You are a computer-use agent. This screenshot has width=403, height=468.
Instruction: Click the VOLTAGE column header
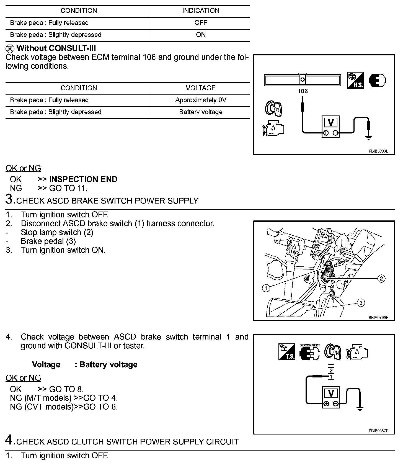click(x=200, y=88)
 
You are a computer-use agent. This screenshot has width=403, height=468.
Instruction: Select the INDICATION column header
click(x=200, y=11)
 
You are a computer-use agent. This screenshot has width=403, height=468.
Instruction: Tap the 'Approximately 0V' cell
click(x=200, y=100)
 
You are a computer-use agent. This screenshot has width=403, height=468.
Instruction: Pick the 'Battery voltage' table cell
click(x=200, y=112)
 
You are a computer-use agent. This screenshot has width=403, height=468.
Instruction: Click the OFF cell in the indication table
click(x=200, y=23)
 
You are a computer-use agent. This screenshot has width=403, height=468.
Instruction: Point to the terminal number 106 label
click(x=303, y=91)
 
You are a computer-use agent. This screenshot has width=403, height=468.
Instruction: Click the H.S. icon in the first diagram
click(x=355, y=81)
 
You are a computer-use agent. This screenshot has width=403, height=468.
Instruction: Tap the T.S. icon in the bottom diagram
click(x=287, y=352)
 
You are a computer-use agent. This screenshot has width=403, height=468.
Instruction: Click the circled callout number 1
click(x=266, y=288)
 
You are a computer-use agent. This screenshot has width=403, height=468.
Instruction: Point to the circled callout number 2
click(x=381, y=278)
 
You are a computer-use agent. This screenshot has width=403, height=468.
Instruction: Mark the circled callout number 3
click(x=361, y=303)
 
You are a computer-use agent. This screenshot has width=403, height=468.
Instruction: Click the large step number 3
click(x=10, y=199)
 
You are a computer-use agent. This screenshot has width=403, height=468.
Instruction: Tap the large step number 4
click(x=10, y=440)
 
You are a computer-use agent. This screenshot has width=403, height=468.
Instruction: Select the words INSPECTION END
click(x=83, y=179)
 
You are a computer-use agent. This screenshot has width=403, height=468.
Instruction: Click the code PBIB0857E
click(x=378, y=431)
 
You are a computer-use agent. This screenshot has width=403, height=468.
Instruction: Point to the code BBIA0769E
click(x=378, y=317)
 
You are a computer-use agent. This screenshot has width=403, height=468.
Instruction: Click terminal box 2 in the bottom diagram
click(x=331, y=370)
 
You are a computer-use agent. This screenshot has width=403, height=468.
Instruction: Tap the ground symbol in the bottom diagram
click(x=360, y=409)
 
